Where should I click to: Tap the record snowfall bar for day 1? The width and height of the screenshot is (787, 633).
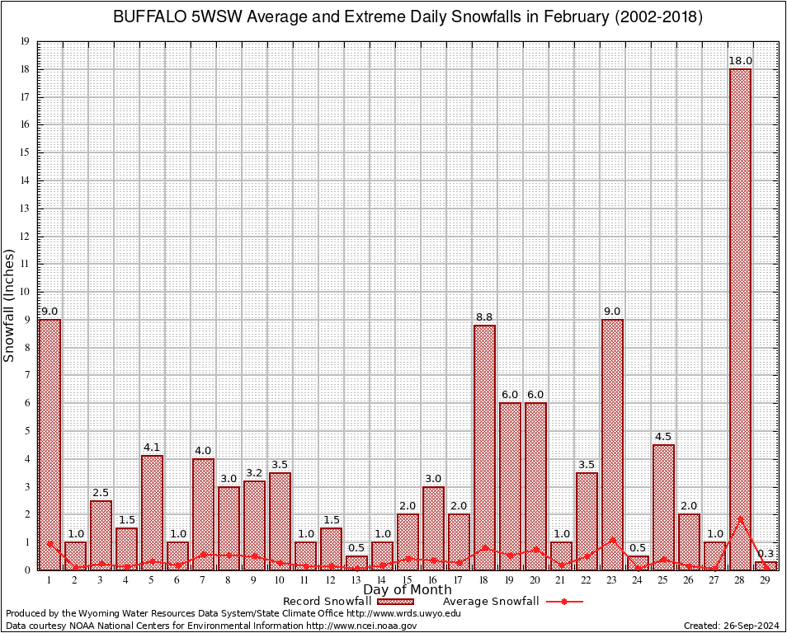click(49, 444)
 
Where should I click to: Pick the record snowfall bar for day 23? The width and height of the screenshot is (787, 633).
click(612, 444)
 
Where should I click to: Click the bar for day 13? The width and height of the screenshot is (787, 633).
click(356, 563)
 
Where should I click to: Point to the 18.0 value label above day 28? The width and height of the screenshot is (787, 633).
click(740, 61)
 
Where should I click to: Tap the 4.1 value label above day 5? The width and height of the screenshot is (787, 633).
click(152, 448)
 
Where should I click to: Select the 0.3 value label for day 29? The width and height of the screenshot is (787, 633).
click(766, 554)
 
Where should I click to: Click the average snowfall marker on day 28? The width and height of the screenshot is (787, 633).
click(740, 519)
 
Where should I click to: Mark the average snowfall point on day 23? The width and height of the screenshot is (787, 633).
click(612, 540)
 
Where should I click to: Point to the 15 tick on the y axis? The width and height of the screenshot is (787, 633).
click(26, 152)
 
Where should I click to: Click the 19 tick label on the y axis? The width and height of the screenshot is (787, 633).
click(26, 41)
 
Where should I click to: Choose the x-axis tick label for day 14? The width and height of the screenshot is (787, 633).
click(382, 581)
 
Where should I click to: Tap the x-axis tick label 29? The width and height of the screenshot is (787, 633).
click(766, 581)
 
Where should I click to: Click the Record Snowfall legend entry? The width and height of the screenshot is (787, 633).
click(327, 602)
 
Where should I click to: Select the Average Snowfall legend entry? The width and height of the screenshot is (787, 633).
click(491, 602)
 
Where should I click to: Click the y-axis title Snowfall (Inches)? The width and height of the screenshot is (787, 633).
click(10, 305)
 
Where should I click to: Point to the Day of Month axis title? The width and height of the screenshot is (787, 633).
click(408, 590)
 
